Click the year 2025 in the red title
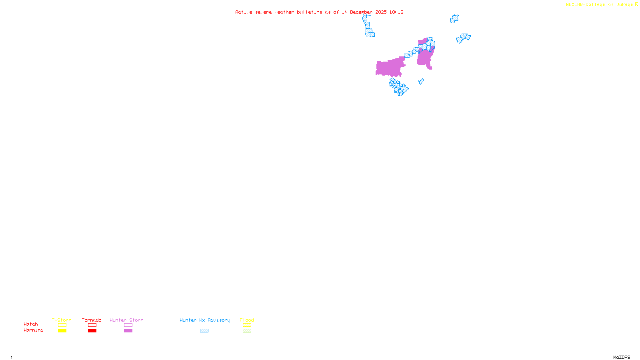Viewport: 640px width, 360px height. tap(381, 12)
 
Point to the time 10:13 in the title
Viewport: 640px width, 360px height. tap(396, 12)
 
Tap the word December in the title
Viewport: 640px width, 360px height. tap(361, 12)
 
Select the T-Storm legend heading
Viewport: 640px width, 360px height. tap(62, 320)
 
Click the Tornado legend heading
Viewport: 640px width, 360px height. tap(92, 320)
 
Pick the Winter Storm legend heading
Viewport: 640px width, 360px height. tap(126, 320)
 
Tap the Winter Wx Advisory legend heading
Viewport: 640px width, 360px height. tap(205, 320)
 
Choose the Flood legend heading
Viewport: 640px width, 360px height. tap(247, 320)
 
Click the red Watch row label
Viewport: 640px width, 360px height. tap(31, 324)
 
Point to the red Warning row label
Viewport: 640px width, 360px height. tap(34, 330)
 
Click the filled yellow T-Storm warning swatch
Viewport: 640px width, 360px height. tap(62, 331)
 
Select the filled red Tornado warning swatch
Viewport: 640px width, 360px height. tap(92, 331)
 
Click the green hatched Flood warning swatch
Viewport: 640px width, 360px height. tap(247, 331)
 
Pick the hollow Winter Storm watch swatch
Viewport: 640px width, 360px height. tap(128, 325)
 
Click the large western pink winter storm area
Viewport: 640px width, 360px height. tap(389, 68)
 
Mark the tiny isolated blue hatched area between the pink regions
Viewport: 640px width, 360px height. tap(421, 82)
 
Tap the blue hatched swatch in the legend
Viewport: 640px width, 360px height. tap(204, 331)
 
